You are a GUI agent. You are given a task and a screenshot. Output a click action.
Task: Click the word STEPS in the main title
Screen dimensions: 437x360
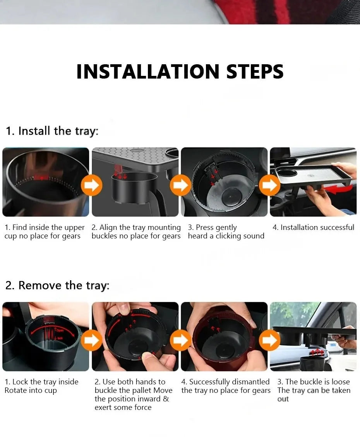(x=255, y=72)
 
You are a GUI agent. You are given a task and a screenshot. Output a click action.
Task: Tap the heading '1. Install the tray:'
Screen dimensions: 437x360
(x=52, y=131)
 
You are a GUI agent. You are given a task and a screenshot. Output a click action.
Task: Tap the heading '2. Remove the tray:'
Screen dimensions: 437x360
(x=57, y=285)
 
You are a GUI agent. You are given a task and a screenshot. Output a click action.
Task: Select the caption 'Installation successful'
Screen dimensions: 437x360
(x=313, y=227)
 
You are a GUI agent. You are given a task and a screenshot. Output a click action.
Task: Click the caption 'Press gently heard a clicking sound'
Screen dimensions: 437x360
(x=226, y=231)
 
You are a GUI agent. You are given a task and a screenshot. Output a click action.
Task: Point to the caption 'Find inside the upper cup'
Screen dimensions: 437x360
(x=44, y=231)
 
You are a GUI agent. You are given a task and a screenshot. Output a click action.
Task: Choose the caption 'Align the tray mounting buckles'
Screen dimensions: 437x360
(x=136, y=231)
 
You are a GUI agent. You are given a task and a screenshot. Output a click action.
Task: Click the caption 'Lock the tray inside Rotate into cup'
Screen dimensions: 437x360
(x=41, y=386)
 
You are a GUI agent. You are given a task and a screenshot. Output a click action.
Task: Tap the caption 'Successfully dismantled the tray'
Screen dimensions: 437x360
(x=226, y=386)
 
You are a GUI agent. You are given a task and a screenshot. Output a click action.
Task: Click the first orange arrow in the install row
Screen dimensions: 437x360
(x=91, y=185)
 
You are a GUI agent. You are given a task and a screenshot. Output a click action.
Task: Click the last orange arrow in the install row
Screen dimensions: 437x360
(x=269, y=185)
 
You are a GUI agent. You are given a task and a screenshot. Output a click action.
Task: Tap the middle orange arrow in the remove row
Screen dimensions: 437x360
(x=180, y=340)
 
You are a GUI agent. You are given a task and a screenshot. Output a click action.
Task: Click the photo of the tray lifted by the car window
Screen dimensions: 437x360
(x=313, y=336)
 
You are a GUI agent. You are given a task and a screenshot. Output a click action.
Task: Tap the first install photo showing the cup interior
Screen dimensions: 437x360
(x=45, y=182)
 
